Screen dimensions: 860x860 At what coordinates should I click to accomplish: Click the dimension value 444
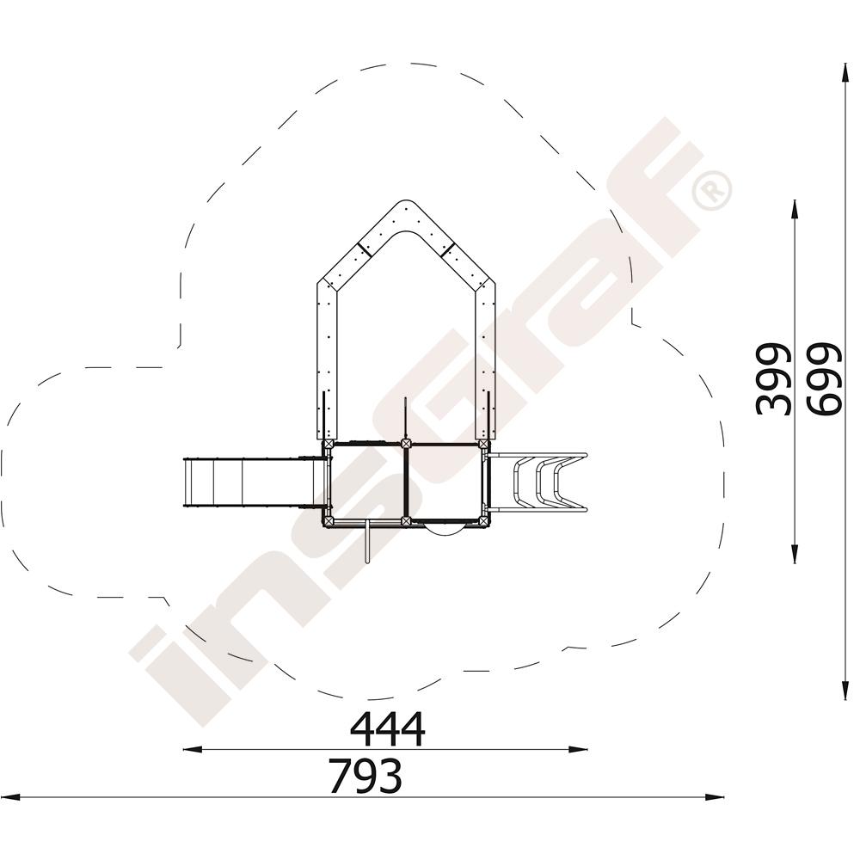pos(388,729)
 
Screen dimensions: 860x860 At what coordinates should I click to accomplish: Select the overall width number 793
pos(365,776)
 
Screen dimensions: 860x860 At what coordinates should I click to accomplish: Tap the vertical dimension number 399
pos(773,379)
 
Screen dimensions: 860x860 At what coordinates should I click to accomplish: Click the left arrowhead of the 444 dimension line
pos(192,749)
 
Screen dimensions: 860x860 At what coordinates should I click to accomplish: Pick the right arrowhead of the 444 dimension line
pos(578,749)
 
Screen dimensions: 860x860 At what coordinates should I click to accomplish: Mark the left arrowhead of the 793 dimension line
pos(10,797)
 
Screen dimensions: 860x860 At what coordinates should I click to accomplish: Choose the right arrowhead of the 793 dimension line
pos(714,797)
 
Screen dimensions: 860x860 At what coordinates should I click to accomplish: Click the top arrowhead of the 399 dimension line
pos(794,209)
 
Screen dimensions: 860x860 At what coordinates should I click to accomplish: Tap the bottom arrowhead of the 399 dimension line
pos(794,553)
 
